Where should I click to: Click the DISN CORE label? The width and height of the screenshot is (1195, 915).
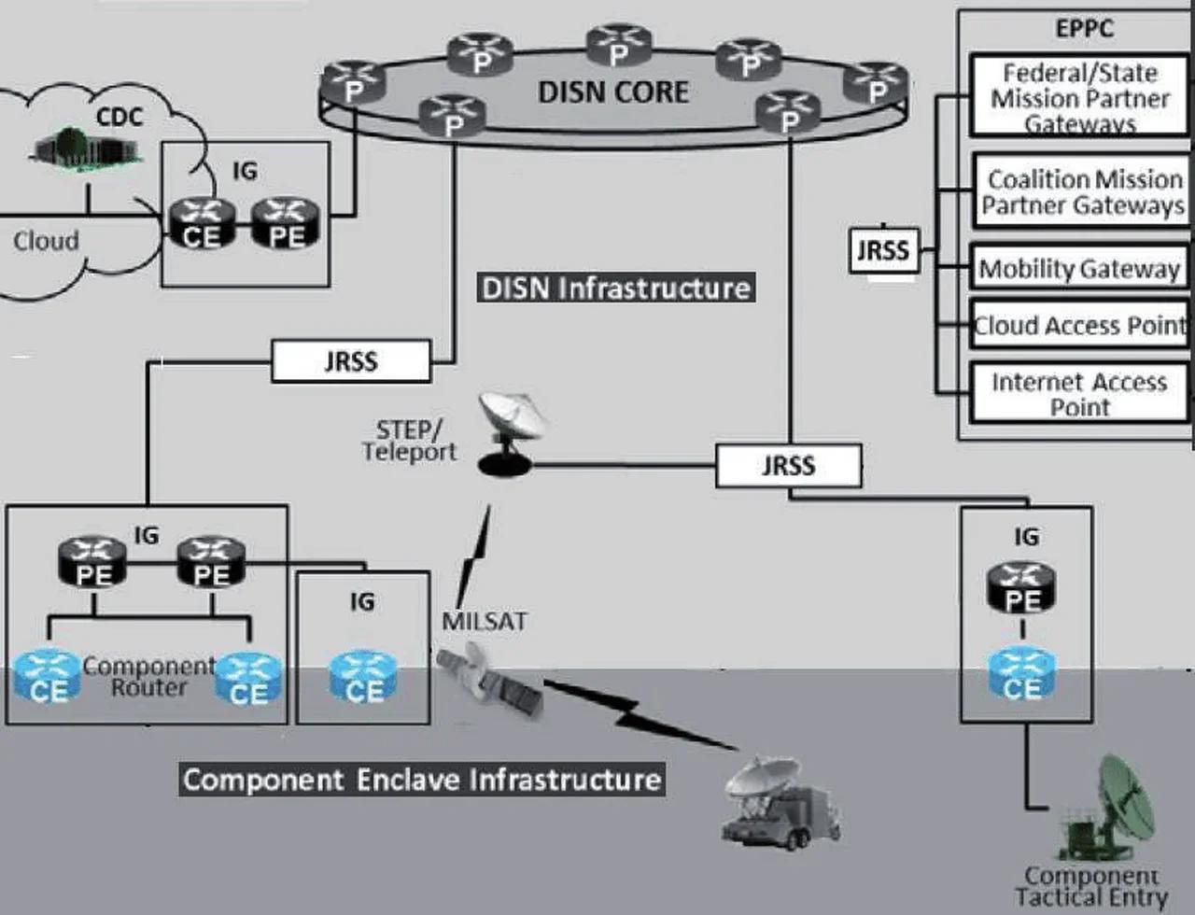[x=613, y=92]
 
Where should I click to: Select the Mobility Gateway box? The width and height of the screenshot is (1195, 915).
[x=1079, y=269]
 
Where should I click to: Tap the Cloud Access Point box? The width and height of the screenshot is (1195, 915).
[x=1079, y=325]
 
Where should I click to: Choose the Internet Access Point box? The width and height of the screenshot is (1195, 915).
[x=1079, y=393]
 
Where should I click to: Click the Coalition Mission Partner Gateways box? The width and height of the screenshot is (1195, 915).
[x=1081, y=191]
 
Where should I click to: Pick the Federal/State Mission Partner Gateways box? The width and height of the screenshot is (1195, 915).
[x=1079, y=96]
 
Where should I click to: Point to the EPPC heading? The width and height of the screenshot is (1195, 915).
[x=1084, y=29]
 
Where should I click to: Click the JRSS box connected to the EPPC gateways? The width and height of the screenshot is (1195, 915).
[x=883, y=250]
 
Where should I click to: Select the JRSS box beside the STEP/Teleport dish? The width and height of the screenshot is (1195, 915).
[x=788, y=466]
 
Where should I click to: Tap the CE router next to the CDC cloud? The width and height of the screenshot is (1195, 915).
[x=202, y=224]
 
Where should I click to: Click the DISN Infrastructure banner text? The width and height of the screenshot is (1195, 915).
[x=616, y=288]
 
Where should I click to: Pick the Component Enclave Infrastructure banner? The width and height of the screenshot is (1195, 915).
[x=422, y=780]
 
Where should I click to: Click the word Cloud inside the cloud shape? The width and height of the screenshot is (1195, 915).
[x=46, y=241]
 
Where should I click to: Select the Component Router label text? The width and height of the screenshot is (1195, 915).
[x=148, y=677]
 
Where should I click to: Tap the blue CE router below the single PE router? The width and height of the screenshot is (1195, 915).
[x=1021, y=676]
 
